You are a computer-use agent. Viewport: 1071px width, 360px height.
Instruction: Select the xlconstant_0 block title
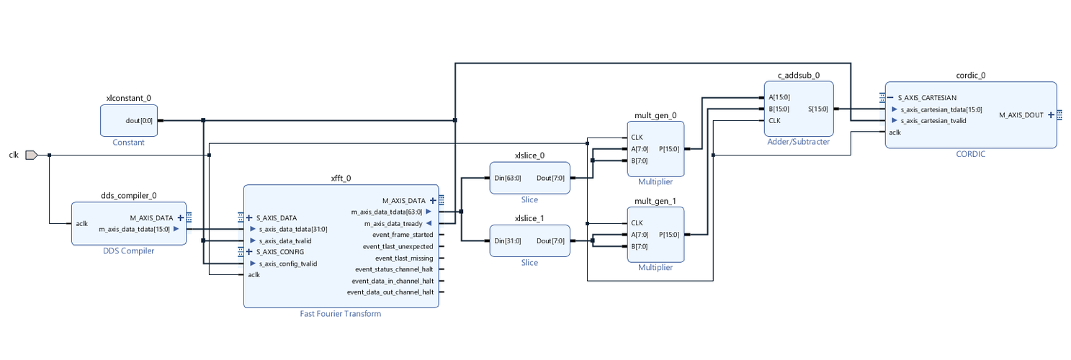point(128,98)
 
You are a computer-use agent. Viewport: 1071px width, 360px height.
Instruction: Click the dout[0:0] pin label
point(139,120)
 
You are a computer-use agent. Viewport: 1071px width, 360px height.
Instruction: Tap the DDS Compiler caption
point(128,251)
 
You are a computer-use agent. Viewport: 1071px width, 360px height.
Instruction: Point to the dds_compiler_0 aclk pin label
point(82,223)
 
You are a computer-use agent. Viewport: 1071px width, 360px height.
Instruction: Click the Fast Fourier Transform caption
point(340,314)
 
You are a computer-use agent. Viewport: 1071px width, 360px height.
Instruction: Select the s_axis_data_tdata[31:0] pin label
point(293,229)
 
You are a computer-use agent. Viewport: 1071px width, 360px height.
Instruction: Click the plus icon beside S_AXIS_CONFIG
point(249,252)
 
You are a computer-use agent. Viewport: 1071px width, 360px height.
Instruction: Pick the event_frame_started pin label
point(403,235)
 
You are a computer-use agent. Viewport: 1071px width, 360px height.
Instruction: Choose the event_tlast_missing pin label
point(404,258)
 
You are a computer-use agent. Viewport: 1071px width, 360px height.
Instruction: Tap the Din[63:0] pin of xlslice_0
point(508,177)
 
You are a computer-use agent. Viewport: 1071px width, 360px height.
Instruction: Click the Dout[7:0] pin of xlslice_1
point(551,240)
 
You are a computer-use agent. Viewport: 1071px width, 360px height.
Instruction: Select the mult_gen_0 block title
point(655,115)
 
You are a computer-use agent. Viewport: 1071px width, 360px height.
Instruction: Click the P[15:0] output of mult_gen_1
point(668,235)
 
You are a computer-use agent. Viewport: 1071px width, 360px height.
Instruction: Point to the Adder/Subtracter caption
point(798,142)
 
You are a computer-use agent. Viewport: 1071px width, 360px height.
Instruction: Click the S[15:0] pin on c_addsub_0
point(818,109)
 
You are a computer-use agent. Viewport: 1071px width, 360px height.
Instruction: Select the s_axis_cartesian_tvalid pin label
point(933,121)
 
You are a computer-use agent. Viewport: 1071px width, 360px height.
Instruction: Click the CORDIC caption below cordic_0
point(970,154)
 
